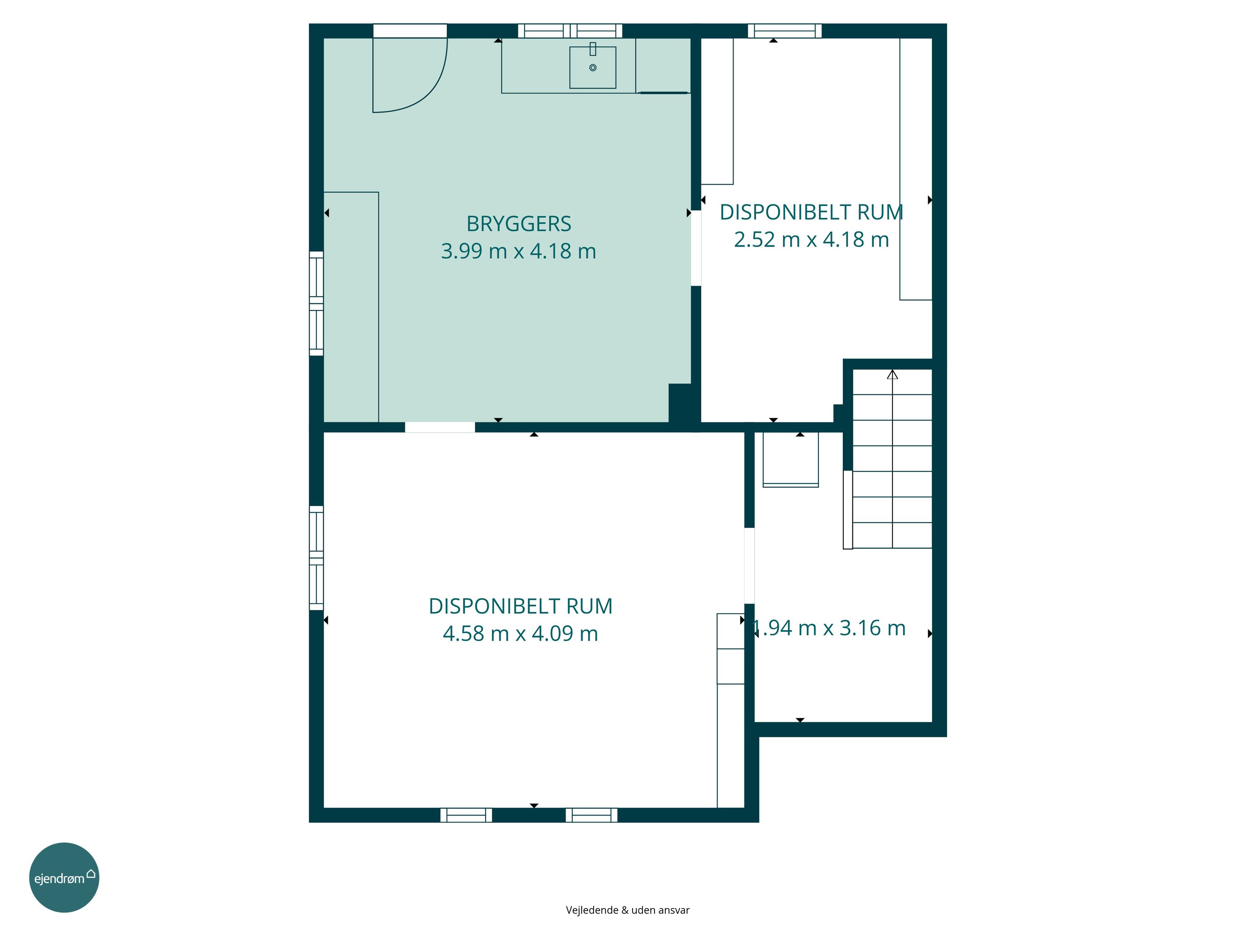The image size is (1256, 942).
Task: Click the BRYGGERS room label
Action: click(x=518, y=224)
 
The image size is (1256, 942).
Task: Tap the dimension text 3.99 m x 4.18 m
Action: click(x=518, y=251)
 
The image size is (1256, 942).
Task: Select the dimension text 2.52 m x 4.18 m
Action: click(x=811, y=239)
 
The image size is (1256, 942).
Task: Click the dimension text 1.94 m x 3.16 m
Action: click(x=829, y=628)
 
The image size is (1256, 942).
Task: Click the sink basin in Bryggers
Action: click(x=593, y=67)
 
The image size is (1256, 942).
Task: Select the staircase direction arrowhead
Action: click(x=893, y=375)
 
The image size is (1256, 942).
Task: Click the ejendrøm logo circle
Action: click(x=64, y=877)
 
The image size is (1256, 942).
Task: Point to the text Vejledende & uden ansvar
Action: click(x=628, y=910)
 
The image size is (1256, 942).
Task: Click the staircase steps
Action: click(x=892, y=459)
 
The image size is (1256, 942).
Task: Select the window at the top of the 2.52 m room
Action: click(x=785, y=31)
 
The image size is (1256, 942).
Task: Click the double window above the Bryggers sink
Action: click(x=570, y=31)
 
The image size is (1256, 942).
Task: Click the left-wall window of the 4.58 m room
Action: click(x=316, y=558)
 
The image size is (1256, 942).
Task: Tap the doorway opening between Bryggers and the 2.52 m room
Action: click(x=695, y=248)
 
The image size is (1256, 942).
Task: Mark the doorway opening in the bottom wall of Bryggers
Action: click(x=440, y=427)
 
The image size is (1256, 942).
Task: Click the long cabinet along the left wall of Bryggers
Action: click(x=351, y=307)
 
